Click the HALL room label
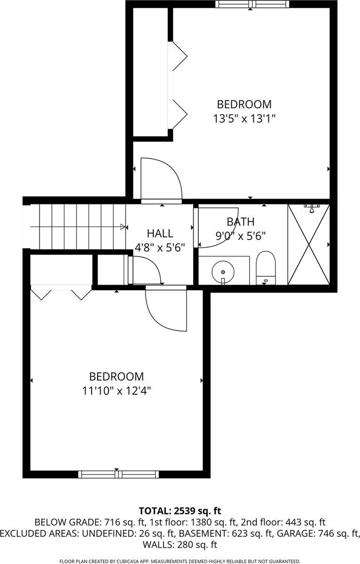160,233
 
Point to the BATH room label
240,222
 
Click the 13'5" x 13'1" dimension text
243,118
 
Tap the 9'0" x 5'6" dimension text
241,236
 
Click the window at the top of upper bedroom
252,5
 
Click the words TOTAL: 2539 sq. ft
180,510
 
